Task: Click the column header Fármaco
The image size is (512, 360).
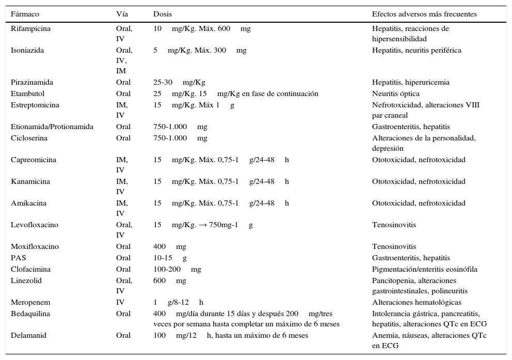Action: (25, 14)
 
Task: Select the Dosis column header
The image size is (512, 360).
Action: (163, 14)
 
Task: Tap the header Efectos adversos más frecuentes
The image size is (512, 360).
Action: (424, 14)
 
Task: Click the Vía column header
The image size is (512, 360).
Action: (122, 14)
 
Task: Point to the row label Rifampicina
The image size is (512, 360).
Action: (31, 29)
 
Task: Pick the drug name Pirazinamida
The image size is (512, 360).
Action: (32, 83)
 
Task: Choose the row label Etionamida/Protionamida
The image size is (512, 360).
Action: (52, 127)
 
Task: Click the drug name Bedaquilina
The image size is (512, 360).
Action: (30, 314)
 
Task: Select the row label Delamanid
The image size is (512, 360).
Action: (28, 336)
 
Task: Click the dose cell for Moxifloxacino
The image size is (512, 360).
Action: (170, 247)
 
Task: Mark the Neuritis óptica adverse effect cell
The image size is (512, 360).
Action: (396, 94)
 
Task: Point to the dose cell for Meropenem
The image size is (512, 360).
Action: (179, 303)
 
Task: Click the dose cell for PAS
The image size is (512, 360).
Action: (170, 258)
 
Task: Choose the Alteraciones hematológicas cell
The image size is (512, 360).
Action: (417, 303)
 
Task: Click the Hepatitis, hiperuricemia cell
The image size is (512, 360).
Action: (411, 83)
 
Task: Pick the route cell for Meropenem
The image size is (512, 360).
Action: (120, 303)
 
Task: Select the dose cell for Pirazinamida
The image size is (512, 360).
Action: (179, 83)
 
